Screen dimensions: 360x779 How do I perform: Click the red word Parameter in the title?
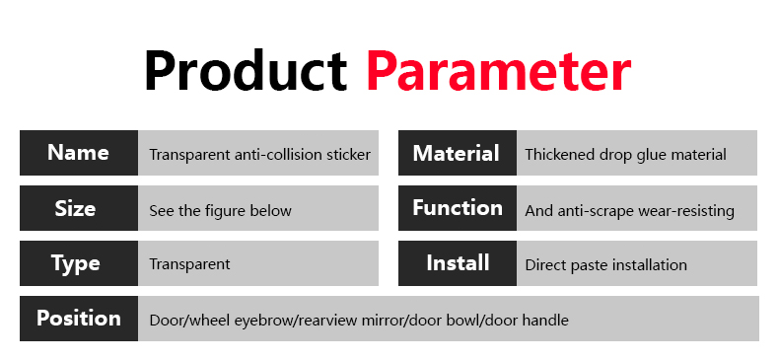tap(498, 70)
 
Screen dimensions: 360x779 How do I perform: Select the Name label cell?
tap(78, 153)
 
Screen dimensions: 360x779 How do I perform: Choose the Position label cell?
tap(78, 319)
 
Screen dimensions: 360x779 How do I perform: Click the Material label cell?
tap(457, 153)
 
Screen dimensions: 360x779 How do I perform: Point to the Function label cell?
tap(457, 208)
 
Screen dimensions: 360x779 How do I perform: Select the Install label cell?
tap(458, 263)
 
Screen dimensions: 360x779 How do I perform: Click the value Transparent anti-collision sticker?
tap(259, 155)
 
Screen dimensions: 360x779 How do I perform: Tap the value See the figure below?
tap(220, 210)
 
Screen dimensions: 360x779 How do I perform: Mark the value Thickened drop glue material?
tap(625, 155)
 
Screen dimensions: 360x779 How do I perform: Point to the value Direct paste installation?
tap(605, 265)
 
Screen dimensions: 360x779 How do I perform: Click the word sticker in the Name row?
tap(348, 155)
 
